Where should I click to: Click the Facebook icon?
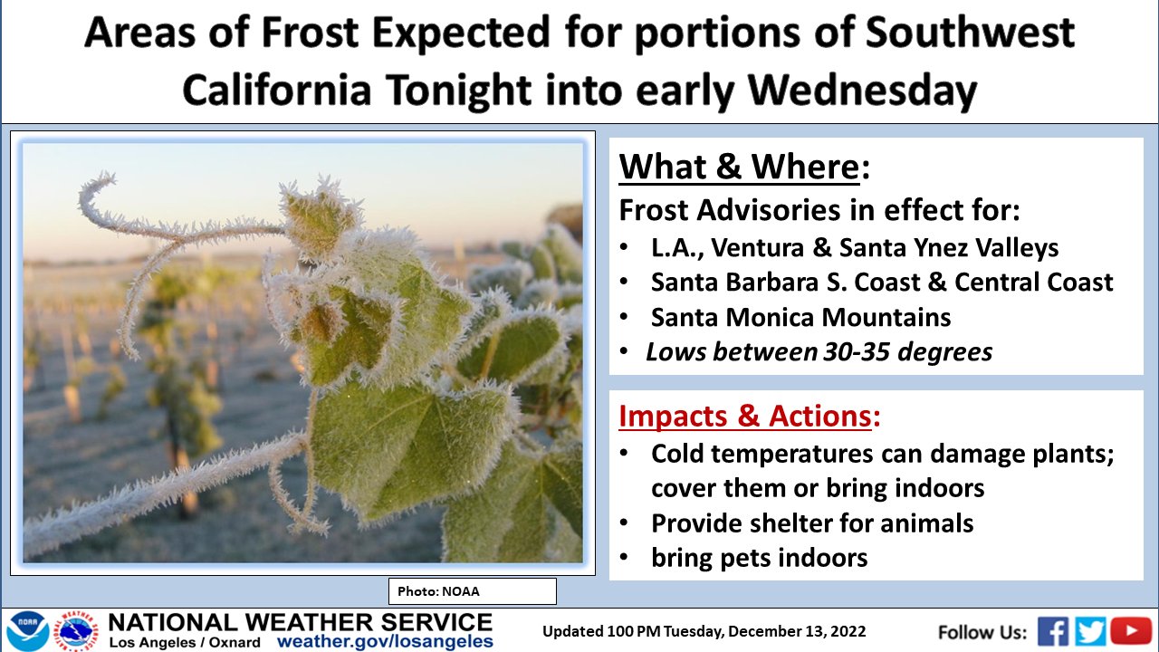tap(1053, 632)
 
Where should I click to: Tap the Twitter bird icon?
tap(1090, 632)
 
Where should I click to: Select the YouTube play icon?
tap(1131, 631)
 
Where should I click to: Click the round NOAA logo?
tap(28, 632)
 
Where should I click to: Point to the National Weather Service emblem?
tap(78, 632)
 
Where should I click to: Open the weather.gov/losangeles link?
tap(385, 642)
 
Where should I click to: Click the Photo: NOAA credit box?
tap(473, 591)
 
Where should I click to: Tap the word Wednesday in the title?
tap(863, 90)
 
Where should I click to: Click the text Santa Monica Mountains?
tap(800, 317)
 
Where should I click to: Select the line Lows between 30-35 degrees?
tap(819, 352)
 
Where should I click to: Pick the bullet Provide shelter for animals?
tap(812, 523)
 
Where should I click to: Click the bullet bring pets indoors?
tap(759, 558)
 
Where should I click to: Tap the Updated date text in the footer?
tap(704, 632)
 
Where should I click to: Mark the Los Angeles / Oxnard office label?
tap(185, 643)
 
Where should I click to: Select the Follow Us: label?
tap(982, 632)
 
